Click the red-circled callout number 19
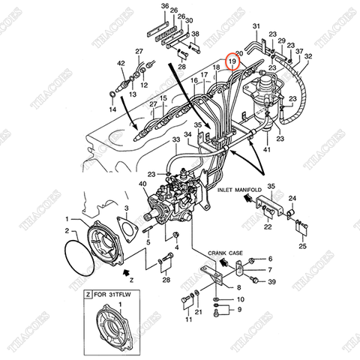pos(232,60)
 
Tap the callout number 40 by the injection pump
pos(143,184)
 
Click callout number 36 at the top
pos(166,6)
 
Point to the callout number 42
pos(121,65)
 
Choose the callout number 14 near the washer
pos(113,109)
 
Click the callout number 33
pos(176,140)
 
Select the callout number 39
pos(271,280)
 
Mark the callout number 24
pos(294,198)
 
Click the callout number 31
pos(255,27)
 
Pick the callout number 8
pos(238,286)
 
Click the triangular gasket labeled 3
pos(127,230)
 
